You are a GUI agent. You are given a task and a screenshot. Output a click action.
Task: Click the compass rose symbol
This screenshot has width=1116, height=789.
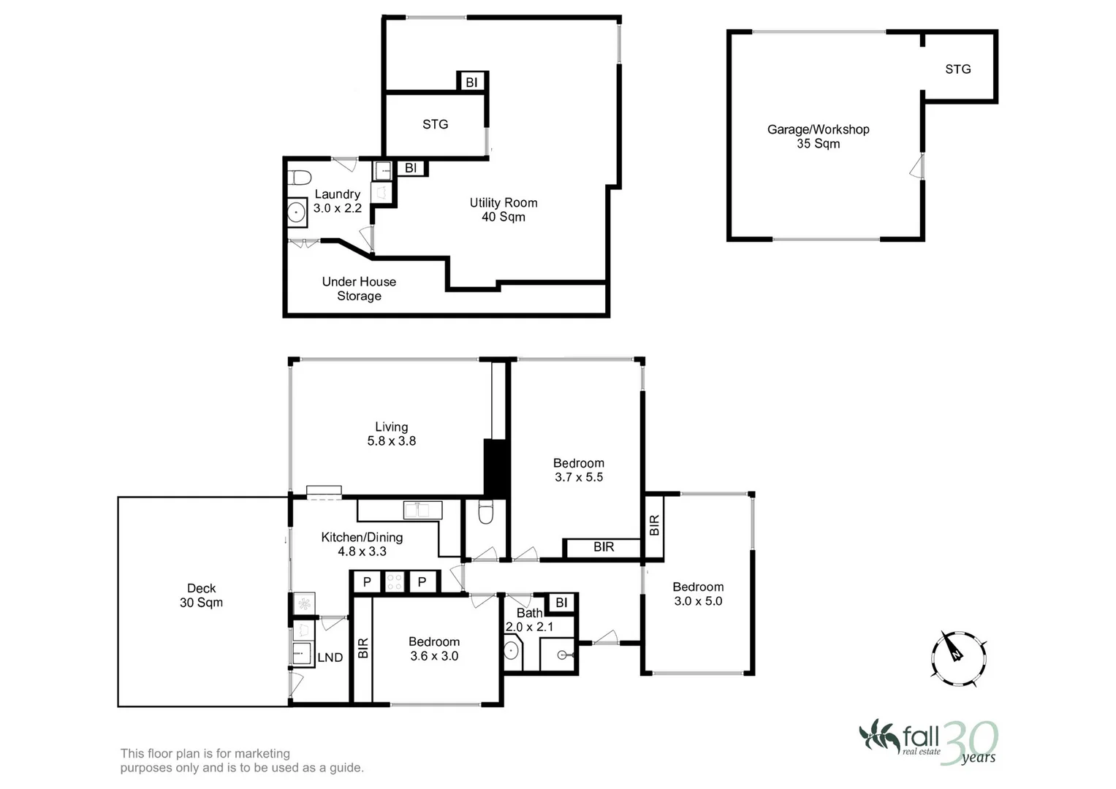(x=959, y=658)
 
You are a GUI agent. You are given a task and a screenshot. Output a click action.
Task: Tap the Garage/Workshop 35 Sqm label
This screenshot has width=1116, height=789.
(x=818, y=137)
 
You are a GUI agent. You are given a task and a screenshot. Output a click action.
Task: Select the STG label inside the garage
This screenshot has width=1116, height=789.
(x=957, y=69)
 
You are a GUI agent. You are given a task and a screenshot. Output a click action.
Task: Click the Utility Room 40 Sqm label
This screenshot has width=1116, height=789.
(x=503, y=210)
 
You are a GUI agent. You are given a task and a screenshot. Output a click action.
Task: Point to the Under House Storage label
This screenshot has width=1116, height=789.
(x=359, y=289)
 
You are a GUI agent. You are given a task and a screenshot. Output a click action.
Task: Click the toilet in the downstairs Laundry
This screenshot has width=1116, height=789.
(x=299, y=178)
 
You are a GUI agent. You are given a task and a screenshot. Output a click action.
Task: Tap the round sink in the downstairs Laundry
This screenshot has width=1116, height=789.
(x=296, y=213)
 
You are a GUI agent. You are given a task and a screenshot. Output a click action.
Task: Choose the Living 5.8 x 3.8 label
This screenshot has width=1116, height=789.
(x=391, y=434)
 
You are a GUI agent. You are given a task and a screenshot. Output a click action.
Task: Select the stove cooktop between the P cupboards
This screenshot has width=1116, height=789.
(x=395, y=582)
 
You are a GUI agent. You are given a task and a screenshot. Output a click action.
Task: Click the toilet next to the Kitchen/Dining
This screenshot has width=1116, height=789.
(x=486, y=514)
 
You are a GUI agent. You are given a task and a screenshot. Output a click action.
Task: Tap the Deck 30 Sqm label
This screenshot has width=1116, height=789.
(x=201, y=595)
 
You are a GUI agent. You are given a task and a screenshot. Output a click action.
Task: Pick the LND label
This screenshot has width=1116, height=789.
(x=330, y=657)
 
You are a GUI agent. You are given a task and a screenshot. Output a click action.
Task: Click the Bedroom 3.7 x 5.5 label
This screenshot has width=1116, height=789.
(x=578, y=470)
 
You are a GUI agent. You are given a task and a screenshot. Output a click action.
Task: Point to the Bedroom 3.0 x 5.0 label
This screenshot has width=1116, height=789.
(x=698, y=594)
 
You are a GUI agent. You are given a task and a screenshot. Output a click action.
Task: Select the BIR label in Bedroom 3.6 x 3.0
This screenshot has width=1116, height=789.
(x=363, y=648)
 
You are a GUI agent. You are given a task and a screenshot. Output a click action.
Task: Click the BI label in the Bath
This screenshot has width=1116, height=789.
(x=561, y=603)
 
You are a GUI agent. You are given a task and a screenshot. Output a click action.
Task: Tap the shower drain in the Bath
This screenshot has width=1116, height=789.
(x=562, y=655)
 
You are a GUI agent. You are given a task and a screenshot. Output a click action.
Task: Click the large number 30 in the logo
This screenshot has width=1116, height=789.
(x=968, y=742)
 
